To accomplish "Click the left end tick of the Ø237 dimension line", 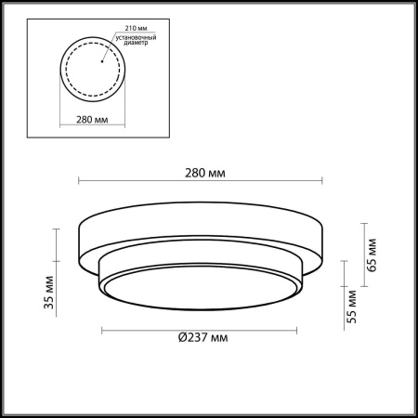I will click(99, 331).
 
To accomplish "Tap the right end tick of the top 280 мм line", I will click(322, 181).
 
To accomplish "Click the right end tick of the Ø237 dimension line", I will click(301, 331).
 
